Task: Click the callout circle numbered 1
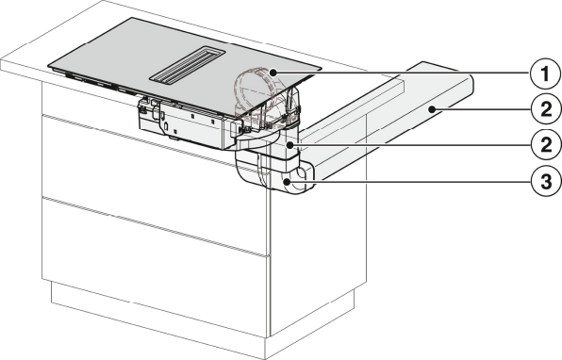pyautogui.click(x=545, y=74)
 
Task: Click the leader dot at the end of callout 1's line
pyautogui.click(x=273, y=74)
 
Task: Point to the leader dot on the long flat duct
pyautogui.click(x=434, y=109)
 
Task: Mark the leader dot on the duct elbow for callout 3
pyautogui.click(x=287, y=182)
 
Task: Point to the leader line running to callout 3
pyautogui.click(x=408, y=182)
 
